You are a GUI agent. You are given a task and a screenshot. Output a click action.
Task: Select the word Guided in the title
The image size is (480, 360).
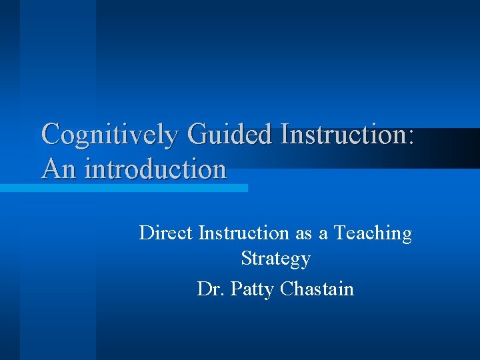coord(229,134)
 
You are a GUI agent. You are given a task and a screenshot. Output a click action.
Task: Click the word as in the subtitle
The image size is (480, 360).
coord(303,233)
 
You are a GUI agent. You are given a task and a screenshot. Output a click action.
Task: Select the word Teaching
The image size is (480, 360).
coord(373,233)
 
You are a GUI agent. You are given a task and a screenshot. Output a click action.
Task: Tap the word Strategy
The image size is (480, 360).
coord(275,258)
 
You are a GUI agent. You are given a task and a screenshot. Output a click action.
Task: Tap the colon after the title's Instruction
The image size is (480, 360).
coord(409,135)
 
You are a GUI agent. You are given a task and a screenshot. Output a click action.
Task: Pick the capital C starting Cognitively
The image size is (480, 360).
coord(51,134)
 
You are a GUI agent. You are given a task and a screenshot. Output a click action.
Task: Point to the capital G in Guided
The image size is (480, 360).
coord(198,134)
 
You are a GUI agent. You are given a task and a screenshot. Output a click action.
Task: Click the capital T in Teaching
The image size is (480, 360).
coord(340,233)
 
